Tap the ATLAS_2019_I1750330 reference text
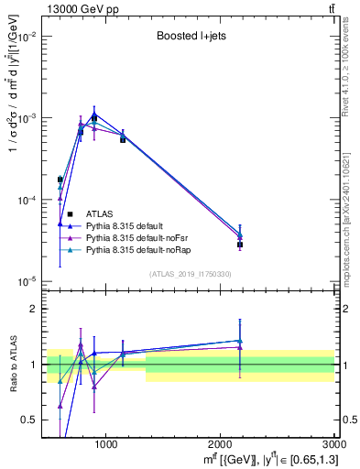click(x=190, y=274)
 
